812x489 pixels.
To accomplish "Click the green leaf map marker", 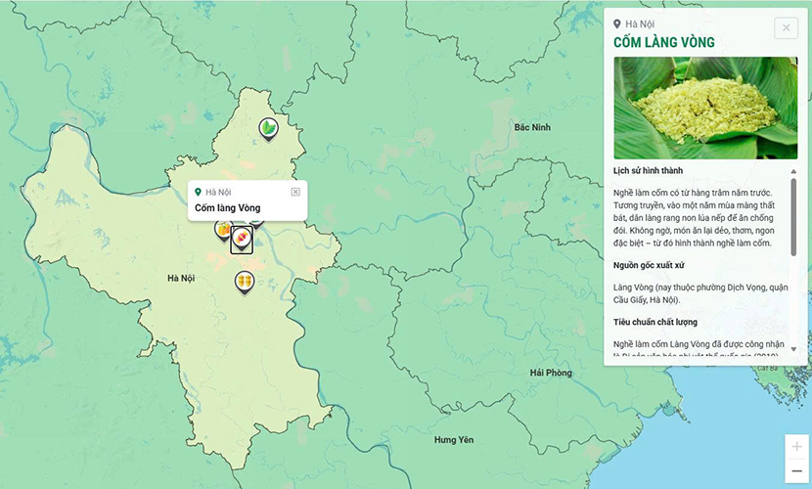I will point(267,127).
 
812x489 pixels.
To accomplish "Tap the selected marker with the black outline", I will point(242,240).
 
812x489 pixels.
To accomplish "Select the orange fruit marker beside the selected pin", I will point(224,230).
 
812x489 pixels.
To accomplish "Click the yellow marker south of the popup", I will point(244,282).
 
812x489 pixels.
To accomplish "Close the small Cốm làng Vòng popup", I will point(295,192).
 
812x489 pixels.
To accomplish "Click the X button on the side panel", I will point(786,28).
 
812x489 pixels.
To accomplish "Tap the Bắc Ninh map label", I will point(532,127).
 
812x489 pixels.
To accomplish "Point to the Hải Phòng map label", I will point(550,373).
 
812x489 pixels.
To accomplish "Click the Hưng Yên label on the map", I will point(453,440).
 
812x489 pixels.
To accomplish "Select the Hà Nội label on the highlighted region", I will point(181,279).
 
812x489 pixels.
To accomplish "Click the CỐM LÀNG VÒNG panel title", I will point(663,43).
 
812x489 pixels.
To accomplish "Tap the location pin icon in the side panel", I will point(617,23).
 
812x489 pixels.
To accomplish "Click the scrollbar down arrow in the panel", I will point(793,349).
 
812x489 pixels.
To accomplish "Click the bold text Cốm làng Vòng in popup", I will point(227,207).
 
